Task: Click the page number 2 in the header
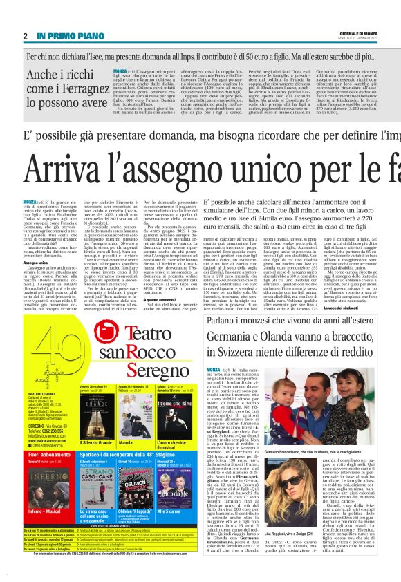click(x=25, y=36)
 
